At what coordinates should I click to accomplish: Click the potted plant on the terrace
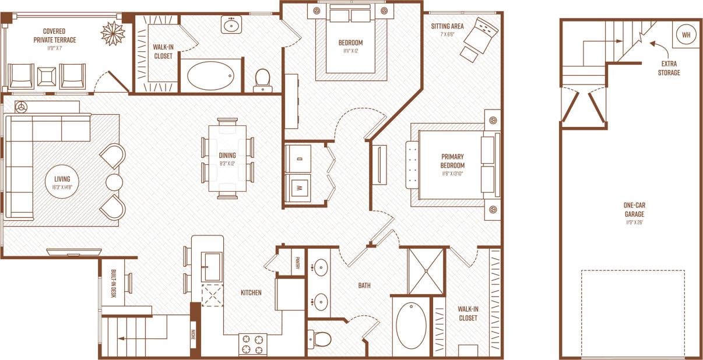pyautogui.click(x=113, y=33)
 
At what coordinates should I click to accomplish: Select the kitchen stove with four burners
pyautogui.click(x=252, y=344)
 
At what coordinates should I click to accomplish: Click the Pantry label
pyautogui.click(x=297, y=260)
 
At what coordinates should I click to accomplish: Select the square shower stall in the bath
pyautogui.click(x=425, y=271)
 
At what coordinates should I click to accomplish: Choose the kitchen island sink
pyautogui.click(x=211, y=267)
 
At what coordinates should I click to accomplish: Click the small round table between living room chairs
pyautogui.click(x=114, y=182)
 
